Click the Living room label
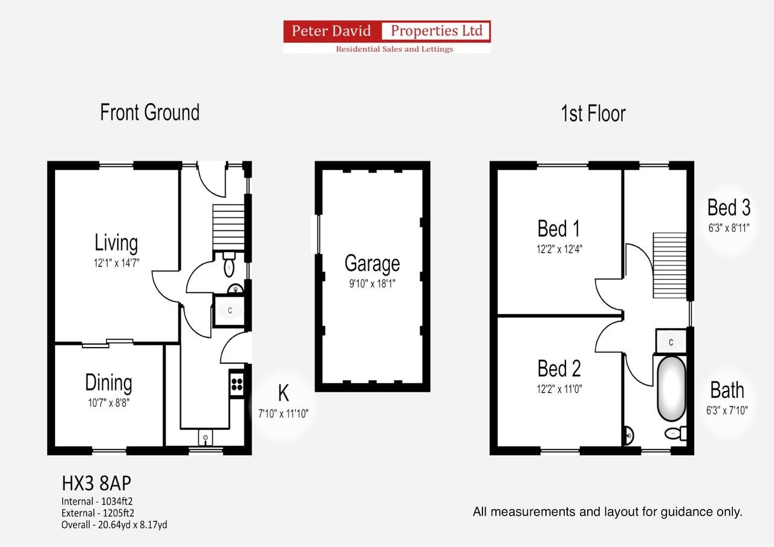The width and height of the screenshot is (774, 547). [x=116, y=243]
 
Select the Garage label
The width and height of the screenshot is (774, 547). [x=372, y=264]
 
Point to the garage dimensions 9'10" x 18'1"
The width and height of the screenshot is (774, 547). [x=372, y=283]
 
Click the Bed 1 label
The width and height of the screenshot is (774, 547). [x=559, y=229]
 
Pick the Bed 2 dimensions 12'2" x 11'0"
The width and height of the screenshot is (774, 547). [x=559, y=389]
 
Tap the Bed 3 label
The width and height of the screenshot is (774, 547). [x=729, y=208]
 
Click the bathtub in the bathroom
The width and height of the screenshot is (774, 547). [x=671, y=389]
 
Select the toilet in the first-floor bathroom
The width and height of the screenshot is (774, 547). [x=675, y=433]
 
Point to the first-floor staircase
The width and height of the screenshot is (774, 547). [x=669, y=265]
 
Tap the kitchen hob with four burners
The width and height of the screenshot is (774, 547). [x=236, y=383]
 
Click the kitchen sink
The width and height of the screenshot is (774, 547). [x=206, y=437]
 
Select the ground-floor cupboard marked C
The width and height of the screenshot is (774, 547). [x=230, y=311]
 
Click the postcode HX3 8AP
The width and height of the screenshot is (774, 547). [x=96, y=484]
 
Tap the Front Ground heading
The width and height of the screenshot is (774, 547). [x=149, y=113]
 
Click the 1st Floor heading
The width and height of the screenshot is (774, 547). [x=593, y=114]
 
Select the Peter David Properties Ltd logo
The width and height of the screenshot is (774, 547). [x=387, y=37]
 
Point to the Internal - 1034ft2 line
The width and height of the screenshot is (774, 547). [x=101, y=501]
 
